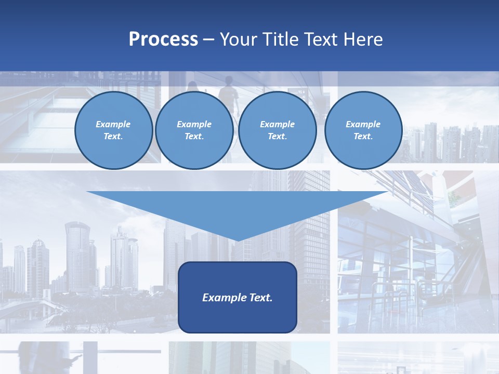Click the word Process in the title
pyautogui.click(x=163, y=39)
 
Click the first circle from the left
pyautogui.click(x=113, y=130)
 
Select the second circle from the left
pyautogui.click(x=194, y=130)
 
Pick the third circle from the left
pyautogui.click(x=278, y=130)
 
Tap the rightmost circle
pyautogui.click(x=363, y=130)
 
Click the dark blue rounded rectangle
pyautogui.click(x=237, y=317)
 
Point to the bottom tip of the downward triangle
pyautogui.click(x=237, y=240)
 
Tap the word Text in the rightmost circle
pyautogui.click(x=363, y=137)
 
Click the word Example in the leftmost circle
pyautogui.click(x=113, y=124)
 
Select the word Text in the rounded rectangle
pyautogui.click(x=260, y=298)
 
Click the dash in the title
pyautogui.click(x=209, y=39)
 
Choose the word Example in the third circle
pyautogui.click(x=278, y=124)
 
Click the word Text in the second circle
pyautogui.click(x=194, y=137)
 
